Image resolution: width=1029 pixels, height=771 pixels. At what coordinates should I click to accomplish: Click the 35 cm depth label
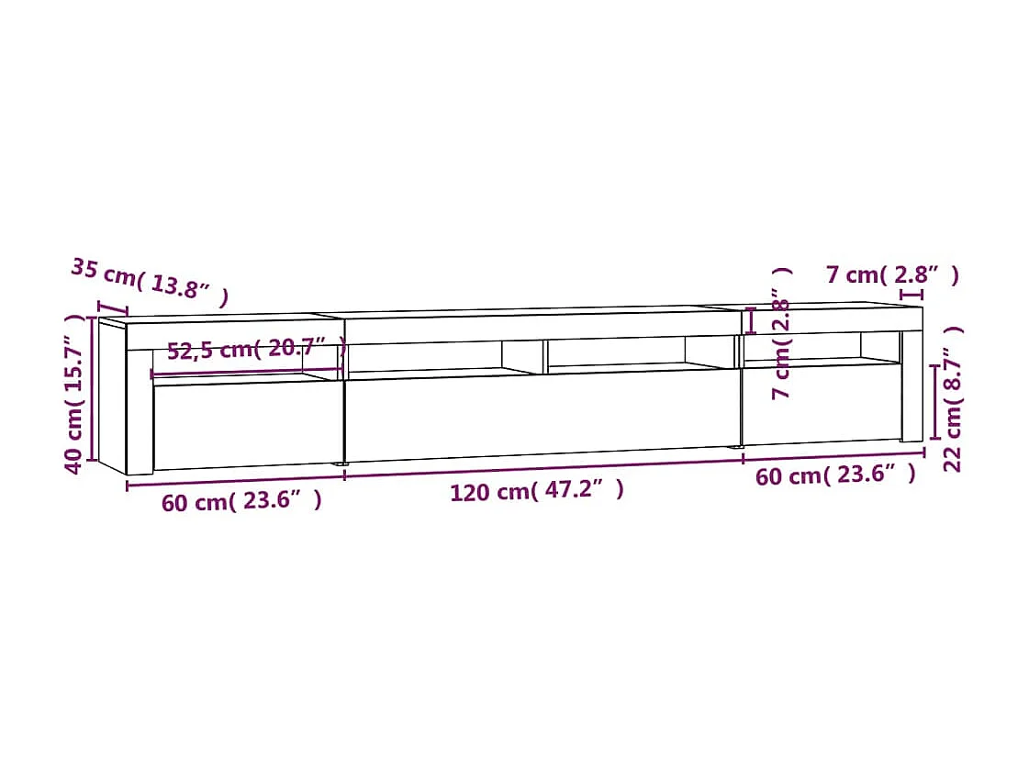pyautogui.click(x=149, y=282)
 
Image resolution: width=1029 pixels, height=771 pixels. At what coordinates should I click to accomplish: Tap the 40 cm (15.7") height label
pyautogui.click(x=79, y=393)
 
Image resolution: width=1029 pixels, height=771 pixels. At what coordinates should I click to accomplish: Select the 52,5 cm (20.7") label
pyautogui.click(x=256, y=349)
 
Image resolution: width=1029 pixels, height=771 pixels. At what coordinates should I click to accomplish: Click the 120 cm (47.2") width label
pyautogui.click(x=536, y=491)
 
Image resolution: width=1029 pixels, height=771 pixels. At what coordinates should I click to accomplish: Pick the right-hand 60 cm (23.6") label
pyautogui.click(x=835, y=475)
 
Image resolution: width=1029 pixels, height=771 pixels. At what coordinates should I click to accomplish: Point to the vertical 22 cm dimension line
pyautogui.click(x=934, y=402)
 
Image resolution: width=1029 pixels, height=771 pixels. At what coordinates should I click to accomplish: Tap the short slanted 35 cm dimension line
pyautogui.click(x=112, y=307)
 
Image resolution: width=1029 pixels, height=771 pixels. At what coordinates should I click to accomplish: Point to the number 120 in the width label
pyautogui.click(x=467, y=492)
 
